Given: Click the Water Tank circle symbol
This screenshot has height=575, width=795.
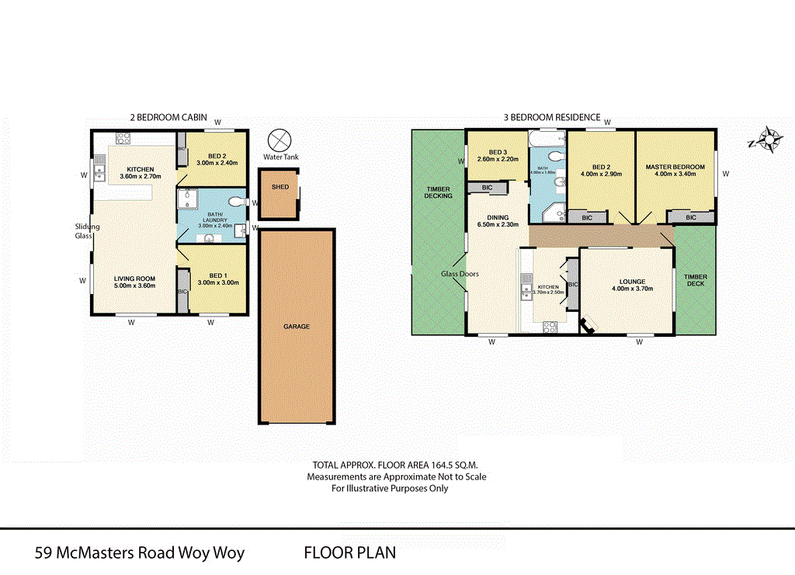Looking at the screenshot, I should click(x=278, y=140).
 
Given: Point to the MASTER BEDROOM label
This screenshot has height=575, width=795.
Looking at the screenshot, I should click(x=675, y=167).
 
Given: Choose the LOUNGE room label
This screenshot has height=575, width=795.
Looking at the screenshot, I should click(x=627, y=282).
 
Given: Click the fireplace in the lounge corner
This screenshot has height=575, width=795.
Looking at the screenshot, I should click(x=588, y=324).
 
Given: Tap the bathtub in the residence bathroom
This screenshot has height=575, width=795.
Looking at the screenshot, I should click(x=547, y=140).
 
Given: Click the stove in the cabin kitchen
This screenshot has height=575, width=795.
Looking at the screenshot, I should click(x=123, y=139).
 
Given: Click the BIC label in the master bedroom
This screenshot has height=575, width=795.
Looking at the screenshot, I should click(x=690, y=218).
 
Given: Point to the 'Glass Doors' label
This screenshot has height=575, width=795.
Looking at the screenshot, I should click(x=460, y=274).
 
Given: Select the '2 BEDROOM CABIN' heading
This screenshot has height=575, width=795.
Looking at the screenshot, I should click(x=168, y=117).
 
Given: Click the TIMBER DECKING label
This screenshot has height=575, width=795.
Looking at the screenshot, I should click(x=439, y=192).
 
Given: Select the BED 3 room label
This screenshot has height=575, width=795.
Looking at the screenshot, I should click(x=498, y=152).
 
